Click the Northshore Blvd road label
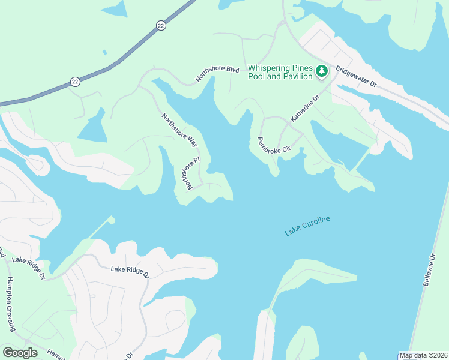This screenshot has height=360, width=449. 217,73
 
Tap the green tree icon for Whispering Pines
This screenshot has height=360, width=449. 322,71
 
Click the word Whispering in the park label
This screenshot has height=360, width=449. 273,68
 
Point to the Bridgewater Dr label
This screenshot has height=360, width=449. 356,78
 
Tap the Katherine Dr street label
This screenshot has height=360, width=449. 304,109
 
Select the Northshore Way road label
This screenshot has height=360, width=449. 179,129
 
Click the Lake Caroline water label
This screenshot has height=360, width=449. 307,226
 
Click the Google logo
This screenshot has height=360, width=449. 20,353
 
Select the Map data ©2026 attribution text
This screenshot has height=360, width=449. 423,355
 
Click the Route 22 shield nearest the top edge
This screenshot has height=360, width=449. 160,25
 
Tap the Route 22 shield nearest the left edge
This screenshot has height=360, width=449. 75,81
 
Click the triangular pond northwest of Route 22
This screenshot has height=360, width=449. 115,8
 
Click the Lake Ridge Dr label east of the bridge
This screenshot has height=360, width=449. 130,271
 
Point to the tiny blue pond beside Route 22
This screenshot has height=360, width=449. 105,52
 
